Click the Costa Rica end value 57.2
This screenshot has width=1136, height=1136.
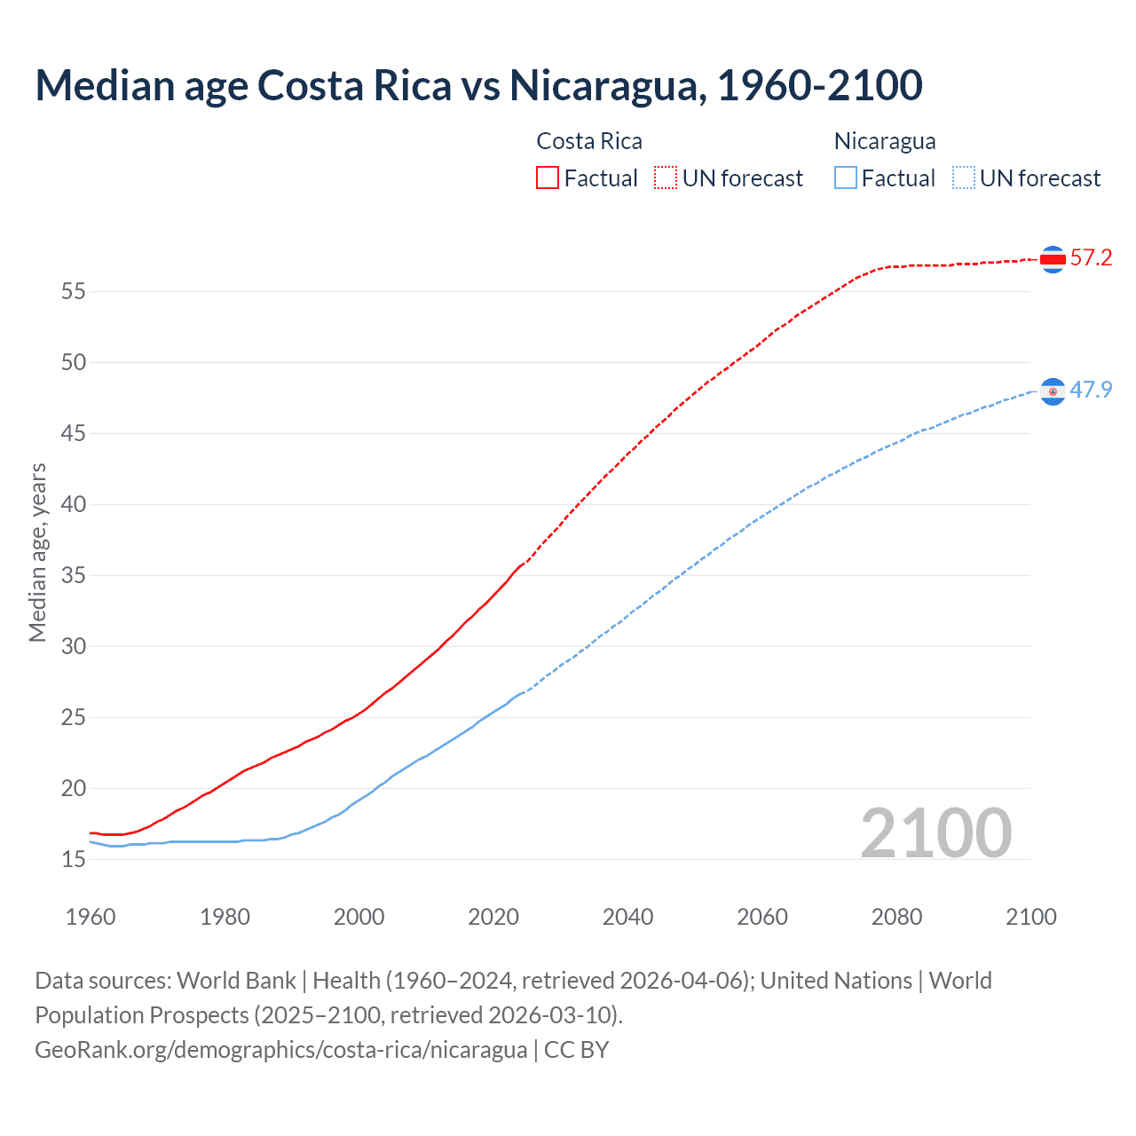(x=1091, y=258)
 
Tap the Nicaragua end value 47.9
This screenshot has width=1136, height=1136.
(x=1091, y=390)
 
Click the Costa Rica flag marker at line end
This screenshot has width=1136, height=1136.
(x=1053, y=259)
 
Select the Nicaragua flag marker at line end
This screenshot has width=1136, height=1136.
(x=1053, y=391)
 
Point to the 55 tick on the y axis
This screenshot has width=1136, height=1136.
(x=74, y=291)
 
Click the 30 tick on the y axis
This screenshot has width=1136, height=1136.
(x=74, y=646)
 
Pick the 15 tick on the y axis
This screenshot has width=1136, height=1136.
(x=74, y=859)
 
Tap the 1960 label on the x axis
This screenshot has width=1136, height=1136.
(x=91, y=917)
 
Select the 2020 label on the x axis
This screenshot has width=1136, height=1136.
(x=493, y=917)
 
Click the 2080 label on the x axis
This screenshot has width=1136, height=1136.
(x=896, y=917)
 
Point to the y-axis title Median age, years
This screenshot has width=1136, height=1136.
(x=37, y=552)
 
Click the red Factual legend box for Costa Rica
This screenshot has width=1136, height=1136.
(x=548, y=177)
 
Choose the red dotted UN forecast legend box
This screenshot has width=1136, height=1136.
(x=666, y=177)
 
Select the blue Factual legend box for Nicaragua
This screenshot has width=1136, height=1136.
(x=846, y=177)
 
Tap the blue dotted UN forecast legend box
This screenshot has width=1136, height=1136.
(x=964, y=177)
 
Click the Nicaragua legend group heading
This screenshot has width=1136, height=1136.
(x=885, y=141)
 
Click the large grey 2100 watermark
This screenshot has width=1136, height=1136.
(x=935, y=832)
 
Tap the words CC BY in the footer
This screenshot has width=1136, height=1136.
(x=576, y=1050)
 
